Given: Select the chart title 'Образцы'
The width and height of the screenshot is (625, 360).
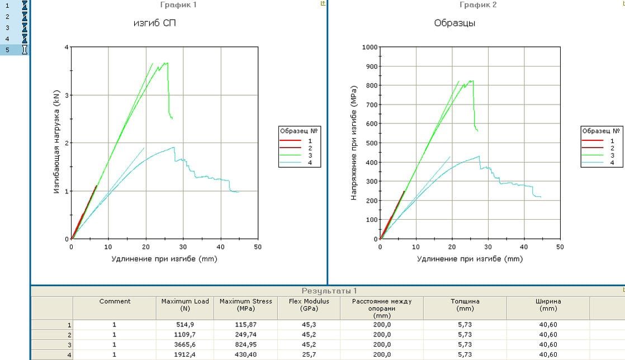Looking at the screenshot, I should (454, 23).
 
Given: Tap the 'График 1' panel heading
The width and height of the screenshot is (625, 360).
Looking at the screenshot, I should (179, 4).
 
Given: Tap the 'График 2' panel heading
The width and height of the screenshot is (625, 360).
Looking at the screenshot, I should (478, 4).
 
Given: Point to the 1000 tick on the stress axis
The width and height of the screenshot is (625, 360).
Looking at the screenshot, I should (370, 47).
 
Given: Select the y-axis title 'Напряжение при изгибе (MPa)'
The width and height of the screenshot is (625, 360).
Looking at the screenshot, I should (354, 143).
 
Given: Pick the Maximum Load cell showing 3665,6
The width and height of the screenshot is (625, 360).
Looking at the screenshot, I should (185, 345).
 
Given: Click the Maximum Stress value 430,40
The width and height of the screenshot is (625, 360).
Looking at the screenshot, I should (245, 354).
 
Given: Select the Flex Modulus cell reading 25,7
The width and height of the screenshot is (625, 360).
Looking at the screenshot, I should (309, 354).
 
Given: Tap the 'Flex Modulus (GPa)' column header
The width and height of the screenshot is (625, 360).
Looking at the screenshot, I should (309, 305).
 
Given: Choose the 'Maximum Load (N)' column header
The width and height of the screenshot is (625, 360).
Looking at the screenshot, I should (185, 305).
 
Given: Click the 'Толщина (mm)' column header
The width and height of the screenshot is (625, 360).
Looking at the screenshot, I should (465, 305).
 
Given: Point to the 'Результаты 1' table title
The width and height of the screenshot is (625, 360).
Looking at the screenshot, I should (329, 291).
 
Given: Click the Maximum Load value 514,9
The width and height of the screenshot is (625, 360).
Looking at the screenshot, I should (185, 325).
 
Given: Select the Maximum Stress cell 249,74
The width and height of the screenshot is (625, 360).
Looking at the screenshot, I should (245, 335).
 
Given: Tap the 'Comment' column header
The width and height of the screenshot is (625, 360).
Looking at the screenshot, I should (115, 301).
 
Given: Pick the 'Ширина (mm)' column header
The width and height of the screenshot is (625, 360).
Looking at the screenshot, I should (548, 305).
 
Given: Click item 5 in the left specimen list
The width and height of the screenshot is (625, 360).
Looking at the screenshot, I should (8, 49).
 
